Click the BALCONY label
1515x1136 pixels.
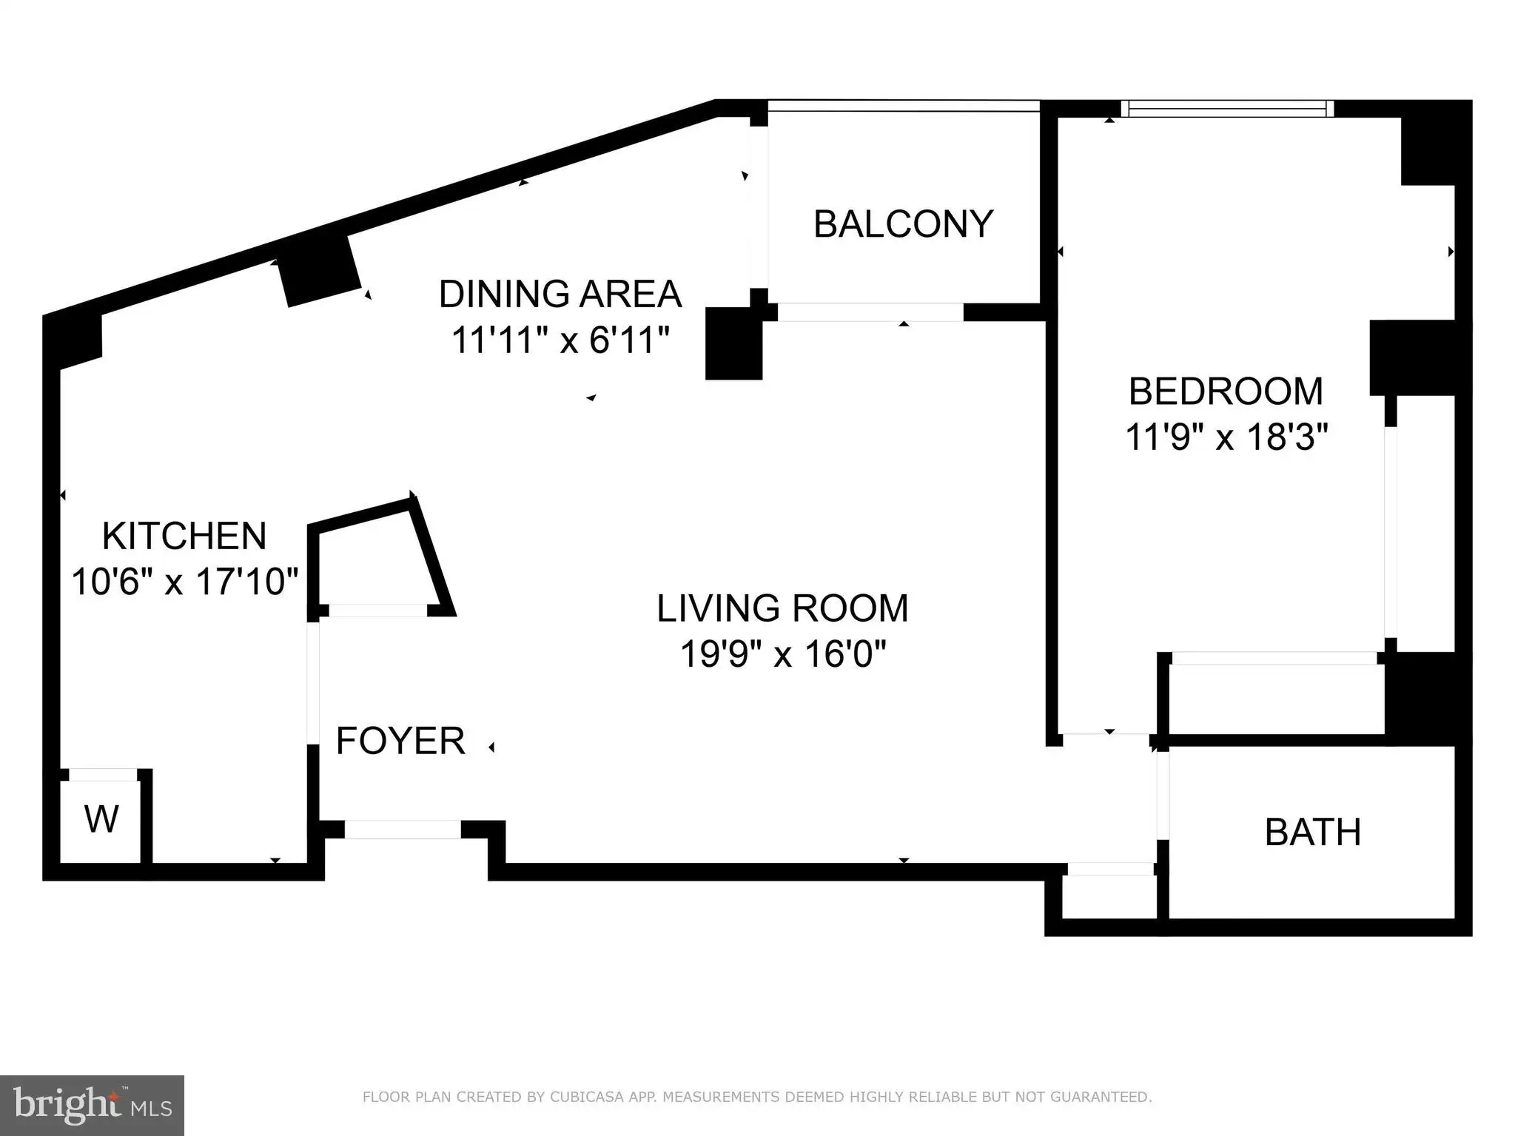point(903,224)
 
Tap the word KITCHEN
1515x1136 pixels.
point(184,536)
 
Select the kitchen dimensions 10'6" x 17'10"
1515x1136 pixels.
point(184,582)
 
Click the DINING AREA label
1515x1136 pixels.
point(560,294)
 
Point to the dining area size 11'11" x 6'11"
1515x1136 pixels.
point(560,340)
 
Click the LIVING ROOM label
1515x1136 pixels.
point(782,608)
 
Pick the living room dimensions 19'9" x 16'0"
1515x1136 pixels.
point(782,654)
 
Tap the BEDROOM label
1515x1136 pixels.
point(1226,391)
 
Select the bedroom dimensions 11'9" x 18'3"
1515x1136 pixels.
point(1226,437)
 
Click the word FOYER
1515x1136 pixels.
point(400,741)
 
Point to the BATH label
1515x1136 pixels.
point(1313,833)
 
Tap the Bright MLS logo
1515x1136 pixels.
point(92,1104)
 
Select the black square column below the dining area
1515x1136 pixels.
point(733,343)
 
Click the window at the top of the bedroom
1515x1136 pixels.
point(1227,109)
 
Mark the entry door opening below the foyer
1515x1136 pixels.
point(403,830)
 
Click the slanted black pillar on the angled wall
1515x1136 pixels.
point(319,271)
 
